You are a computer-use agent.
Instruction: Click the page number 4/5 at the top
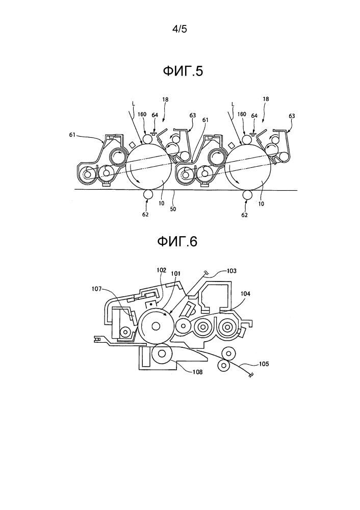click(x=179, y=29)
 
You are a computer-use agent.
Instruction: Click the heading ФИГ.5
click(x=183, y=71)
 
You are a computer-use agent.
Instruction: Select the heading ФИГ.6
click(x=177, y=241)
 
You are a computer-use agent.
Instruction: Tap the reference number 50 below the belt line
click(x=173, y=209)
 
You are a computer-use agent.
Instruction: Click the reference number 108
click(x=197, y=372)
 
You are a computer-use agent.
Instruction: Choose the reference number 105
click(x=264, y=364)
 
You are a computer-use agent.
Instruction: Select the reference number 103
click(x=232, y=271)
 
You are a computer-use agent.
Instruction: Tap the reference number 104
click(x=246, y=294)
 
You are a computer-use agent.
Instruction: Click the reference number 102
click(x=161, y=270)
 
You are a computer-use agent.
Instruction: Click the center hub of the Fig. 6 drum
click(x=156, y=326)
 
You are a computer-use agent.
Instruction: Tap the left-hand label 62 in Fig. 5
click(x=145, y=215)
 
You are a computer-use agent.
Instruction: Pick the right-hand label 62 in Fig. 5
click(x=244, y=215)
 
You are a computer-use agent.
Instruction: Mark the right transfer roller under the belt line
click(x=247, y=195)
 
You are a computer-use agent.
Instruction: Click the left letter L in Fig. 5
click(x=133, y=103)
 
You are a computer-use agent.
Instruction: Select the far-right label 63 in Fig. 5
click(x=292, y=116)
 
